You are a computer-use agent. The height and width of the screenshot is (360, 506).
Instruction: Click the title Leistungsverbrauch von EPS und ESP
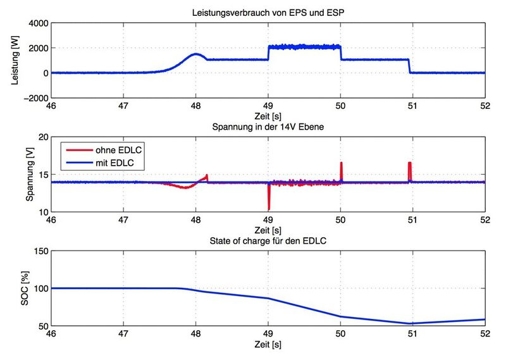click(x=268, y=13)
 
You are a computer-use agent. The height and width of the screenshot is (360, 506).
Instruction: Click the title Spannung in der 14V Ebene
click(x=268, y=130)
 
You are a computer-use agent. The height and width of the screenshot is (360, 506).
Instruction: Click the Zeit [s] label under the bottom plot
click(x=268, y=345)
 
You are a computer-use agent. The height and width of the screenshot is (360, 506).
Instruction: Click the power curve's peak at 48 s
click(x=196, y=54)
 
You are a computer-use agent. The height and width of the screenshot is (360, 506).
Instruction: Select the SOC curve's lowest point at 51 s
click(x=412, y=323)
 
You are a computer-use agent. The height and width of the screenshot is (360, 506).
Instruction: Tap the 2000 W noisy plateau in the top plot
click(x=305, y=47)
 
